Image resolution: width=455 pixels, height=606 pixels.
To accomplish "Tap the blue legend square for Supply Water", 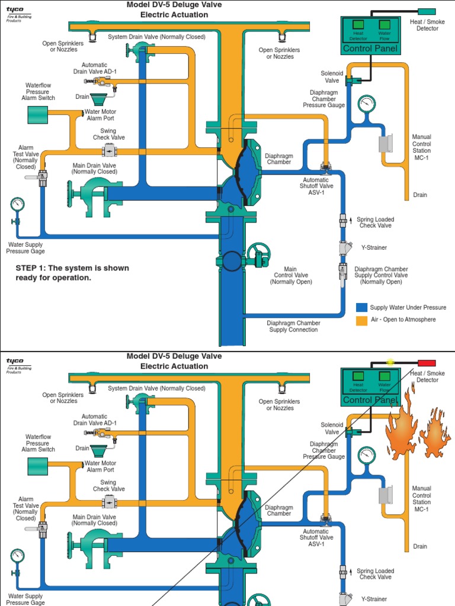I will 361,307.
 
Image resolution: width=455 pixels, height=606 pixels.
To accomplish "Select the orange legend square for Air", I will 361,320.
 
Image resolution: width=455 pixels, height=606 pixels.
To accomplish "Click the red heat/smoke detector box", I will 427,363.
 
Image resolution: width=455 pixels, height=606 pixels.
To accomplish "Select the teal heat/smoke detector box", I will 427,11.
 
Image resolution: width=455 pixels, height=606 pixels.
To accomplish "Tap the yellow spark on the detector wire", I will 390,362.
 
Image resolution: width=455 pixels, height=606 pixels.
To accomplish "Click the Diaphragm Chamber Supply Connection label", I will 294,327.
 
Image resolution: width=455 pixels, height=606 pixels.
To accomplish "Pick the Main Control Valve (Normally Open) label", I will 290,275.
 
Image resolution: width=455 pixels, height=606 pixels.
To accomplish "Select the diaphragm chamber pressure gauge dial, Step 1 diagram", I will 367,104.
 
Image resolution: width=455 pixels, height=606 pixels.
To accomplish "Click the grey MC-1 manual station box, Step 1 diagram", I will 386,143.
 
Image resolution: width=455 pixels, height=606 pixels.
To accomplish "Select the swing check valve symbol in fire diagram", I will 109,502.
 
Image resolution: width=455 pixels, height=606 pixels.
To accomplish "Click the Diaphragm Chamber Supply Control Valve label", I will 381,275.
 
